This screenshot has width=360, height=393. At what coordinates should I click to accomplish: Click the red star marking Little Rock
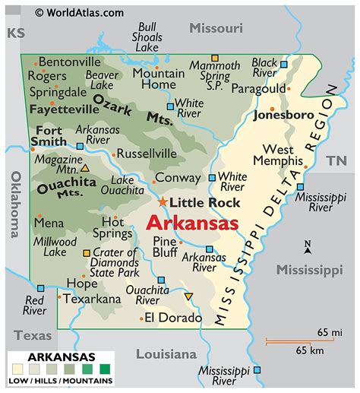click(163, 201)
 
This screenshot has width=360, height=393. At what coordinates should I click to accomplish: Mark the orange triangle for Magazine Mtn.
click(84, 168)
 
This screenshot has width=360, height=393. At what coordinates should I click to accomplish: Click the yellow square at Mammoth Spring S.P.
click(215, 57)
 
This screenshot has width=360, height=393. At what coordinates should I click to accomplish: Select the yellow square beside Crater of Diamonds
click(87, 252)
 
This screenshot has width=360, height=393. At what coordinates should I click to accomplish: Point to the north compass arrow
click(307, 247)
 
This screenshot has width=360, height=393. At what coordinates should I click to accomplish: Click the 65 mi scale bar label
click(329, 332)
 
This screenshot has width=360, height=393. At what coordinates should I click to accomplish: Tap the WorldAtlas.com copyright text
click(79, 12)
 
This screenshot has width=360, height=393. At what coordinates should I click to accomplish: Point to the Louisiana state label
click(166, 354)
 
